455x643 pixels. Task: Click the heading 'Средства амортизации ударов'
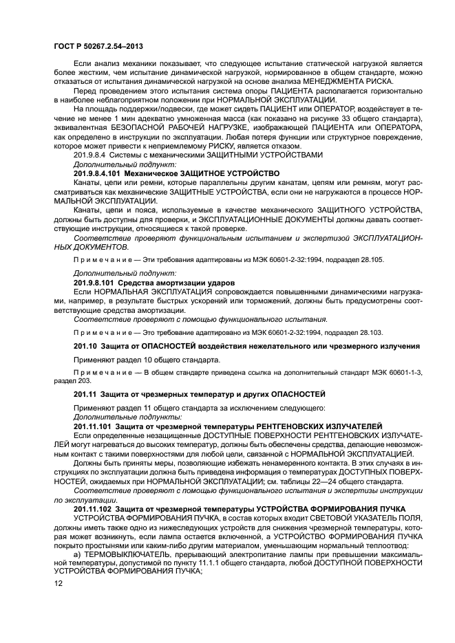pyautogui.click(x=178, y=283)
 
